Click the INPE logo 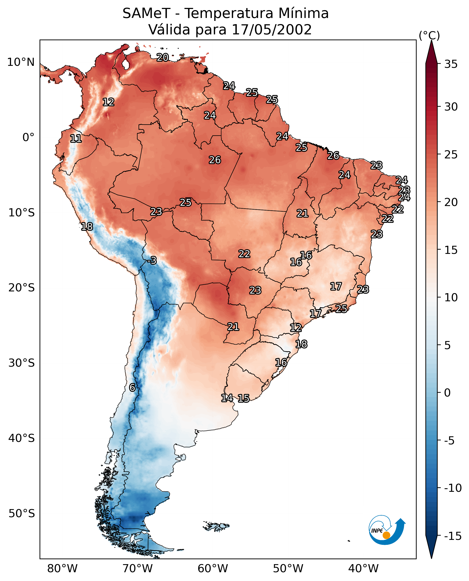tap(387, 530)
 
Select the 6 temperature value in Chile tap(132, 387)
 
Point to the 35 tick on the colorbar tap(451, 64)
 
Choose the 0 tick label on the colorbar tap(447, 393)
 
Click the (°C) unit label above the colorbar tap(429, 36)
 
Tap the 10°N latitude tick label tap(21, 62)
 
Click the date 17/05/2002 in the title tap(272, 29)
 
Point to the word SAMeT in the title tap(146, 13)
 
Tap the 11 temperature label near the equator tap(76, 139)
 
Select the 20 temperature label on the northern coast tap(163, 57)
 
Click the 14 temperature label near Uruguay tap(227, 398)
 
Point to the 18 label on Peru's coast tap(87, 226)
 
